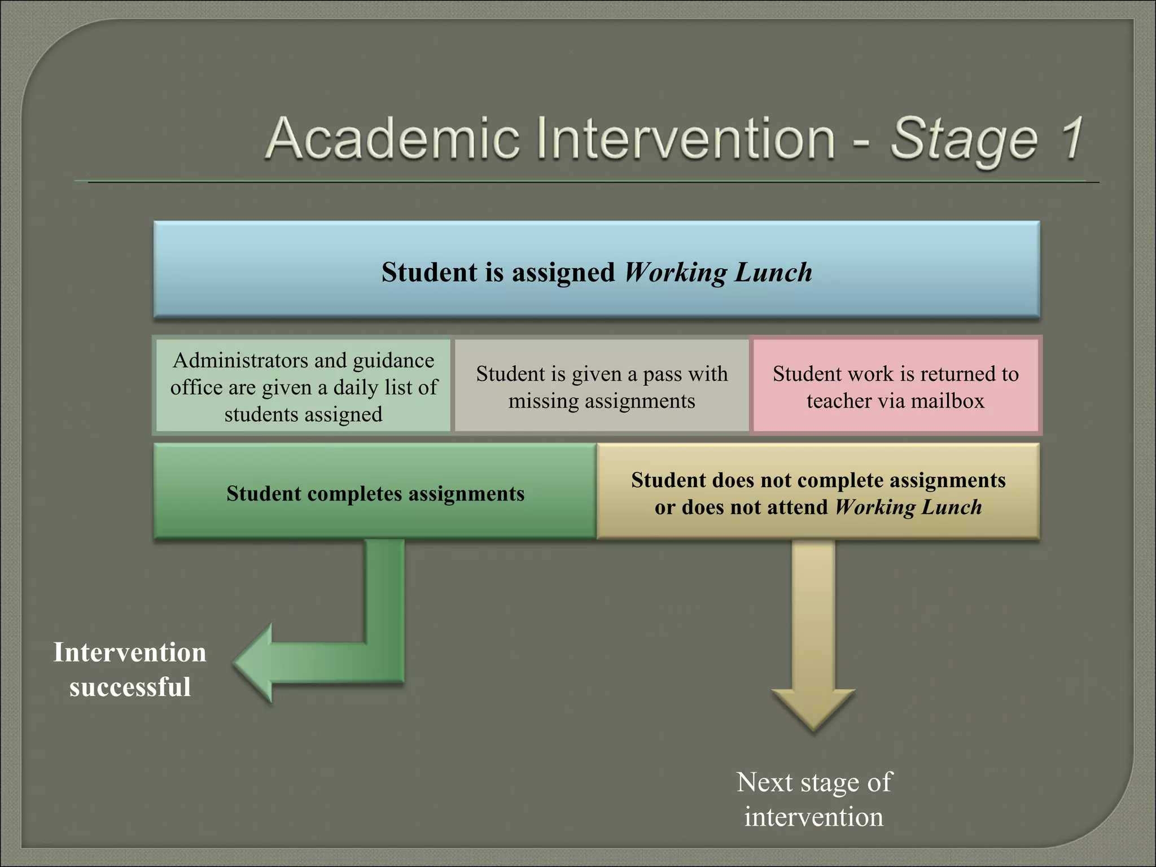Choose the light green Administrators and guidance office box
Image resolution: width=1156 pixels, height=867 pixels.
(x=303, y=387)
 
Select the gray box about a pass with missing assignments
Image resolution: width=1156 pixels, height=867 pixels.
(x=602, y=387)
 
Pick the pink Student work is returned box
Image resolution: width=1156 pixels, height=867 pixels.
(x=896, y=387)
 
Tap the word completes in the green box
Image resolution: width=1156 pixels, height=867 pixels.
(x=355, y=494)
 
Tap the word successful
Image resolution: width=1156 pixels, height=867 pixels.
(x=130, y=687)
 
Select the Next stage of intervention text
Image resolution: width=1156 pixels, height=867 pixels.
(x=813, y=799)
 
